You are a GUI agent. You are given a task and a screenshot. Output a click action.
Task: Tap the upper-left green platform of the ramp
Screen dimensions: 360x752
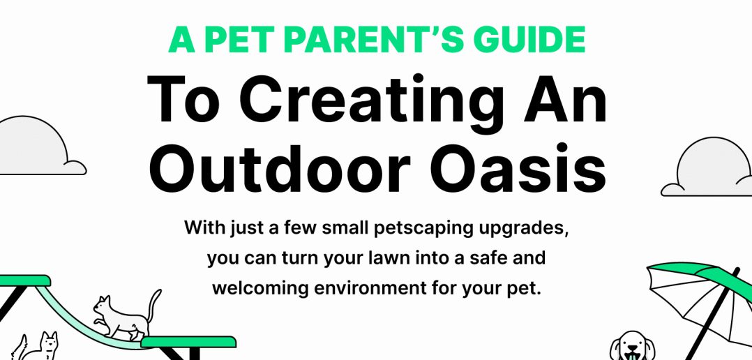coord(25,280)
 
